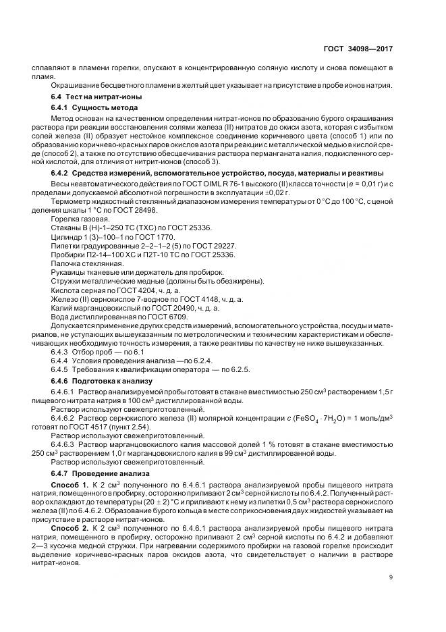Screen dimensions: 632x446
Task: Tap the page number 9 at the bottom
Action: tap(392, 577)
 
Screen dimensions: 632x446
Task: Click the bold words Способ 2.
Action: tap(67, 528)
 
